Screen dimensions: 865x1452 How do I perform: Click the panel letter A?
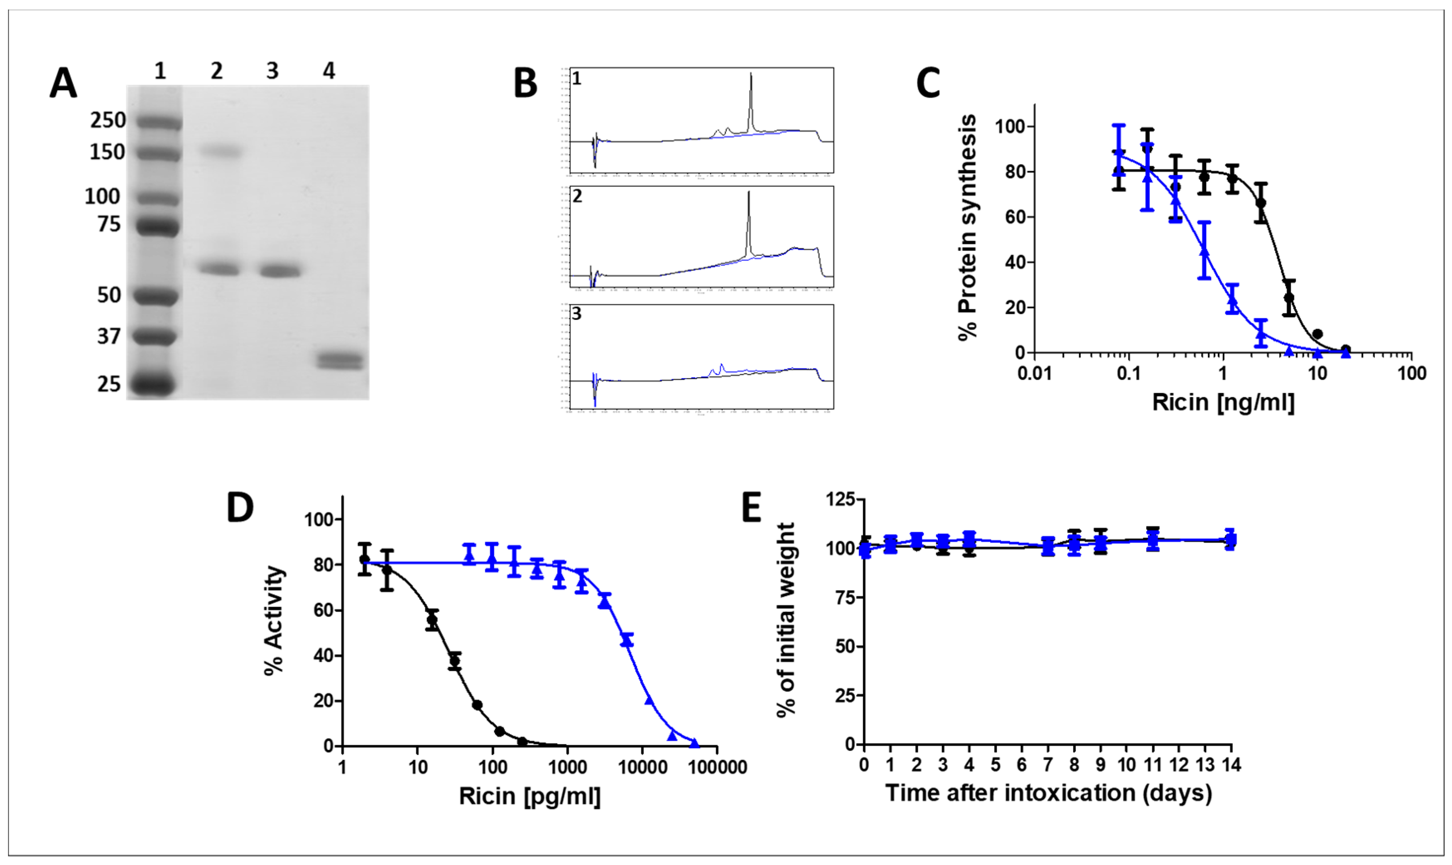63,84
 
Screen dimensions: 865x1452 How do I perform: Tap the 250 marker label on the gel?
108,120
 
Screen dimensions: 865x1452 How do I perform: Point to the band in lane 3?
280,271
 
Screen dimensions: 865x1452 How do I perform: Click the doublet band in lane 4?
340,360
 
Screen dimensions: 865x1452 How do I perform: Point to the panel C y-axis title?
967,227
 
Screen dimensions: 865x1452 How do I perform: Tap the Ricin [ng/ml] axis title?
1224,402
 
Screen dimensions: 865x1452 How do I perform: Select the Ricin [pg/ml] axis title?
530,796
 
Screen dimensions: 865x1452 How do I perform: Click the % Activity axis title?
274,620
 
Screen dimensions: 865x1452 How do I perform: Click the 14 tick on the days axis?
1231,764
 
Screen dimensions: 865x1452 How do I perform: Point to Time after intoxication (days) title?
1048,793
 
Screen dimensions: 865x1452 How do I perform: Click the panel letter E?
752,508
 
